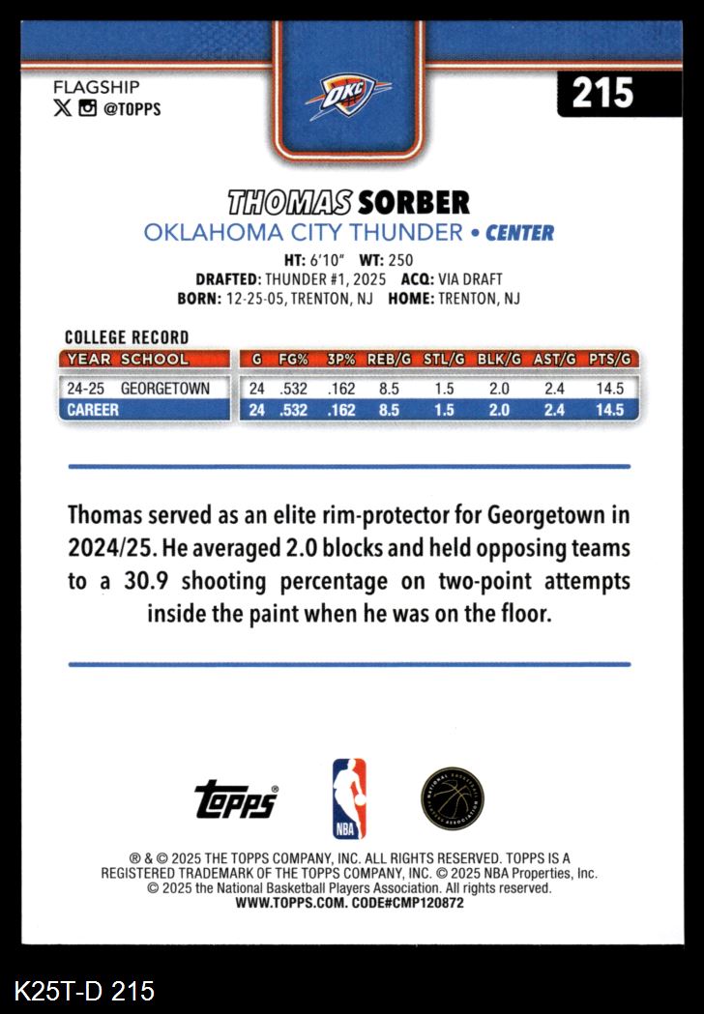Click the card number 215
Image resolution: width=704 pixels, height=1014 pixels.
pos(602,93)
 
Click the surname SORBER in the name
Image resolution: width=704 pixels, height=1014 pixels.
pos(413,202)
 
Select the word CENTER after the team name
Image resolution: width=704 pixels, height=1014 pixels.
pos(519,233)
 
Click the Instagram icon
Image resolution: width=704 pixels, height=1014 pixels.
pos(88,109)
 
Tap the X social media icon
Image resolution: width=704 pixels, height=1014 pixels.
pos(62,109)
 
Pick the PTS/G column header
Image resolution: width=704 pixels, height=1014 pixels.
pos(611,359)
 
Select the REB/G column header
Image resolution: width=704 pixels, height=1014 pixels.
pos(391,359)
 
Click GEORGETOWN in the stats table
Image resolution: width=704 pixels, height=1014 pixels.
pos(164,389)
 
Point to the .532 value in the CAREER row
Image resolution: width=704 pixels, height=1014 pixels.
pos(294,410)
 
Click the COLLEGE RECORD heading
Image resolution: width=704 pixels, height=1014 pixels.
pos(126,337)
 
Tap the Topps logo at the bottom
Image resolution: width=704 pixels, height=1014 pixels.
pos(236,799)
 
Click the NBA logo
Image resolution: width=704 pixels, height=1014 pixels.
pos(349,798)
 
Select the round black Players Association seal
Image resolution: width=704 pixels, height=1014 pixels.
pos(453,798)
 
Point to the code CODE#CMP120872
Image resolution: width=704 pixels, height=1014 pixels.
pos(404,903)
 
